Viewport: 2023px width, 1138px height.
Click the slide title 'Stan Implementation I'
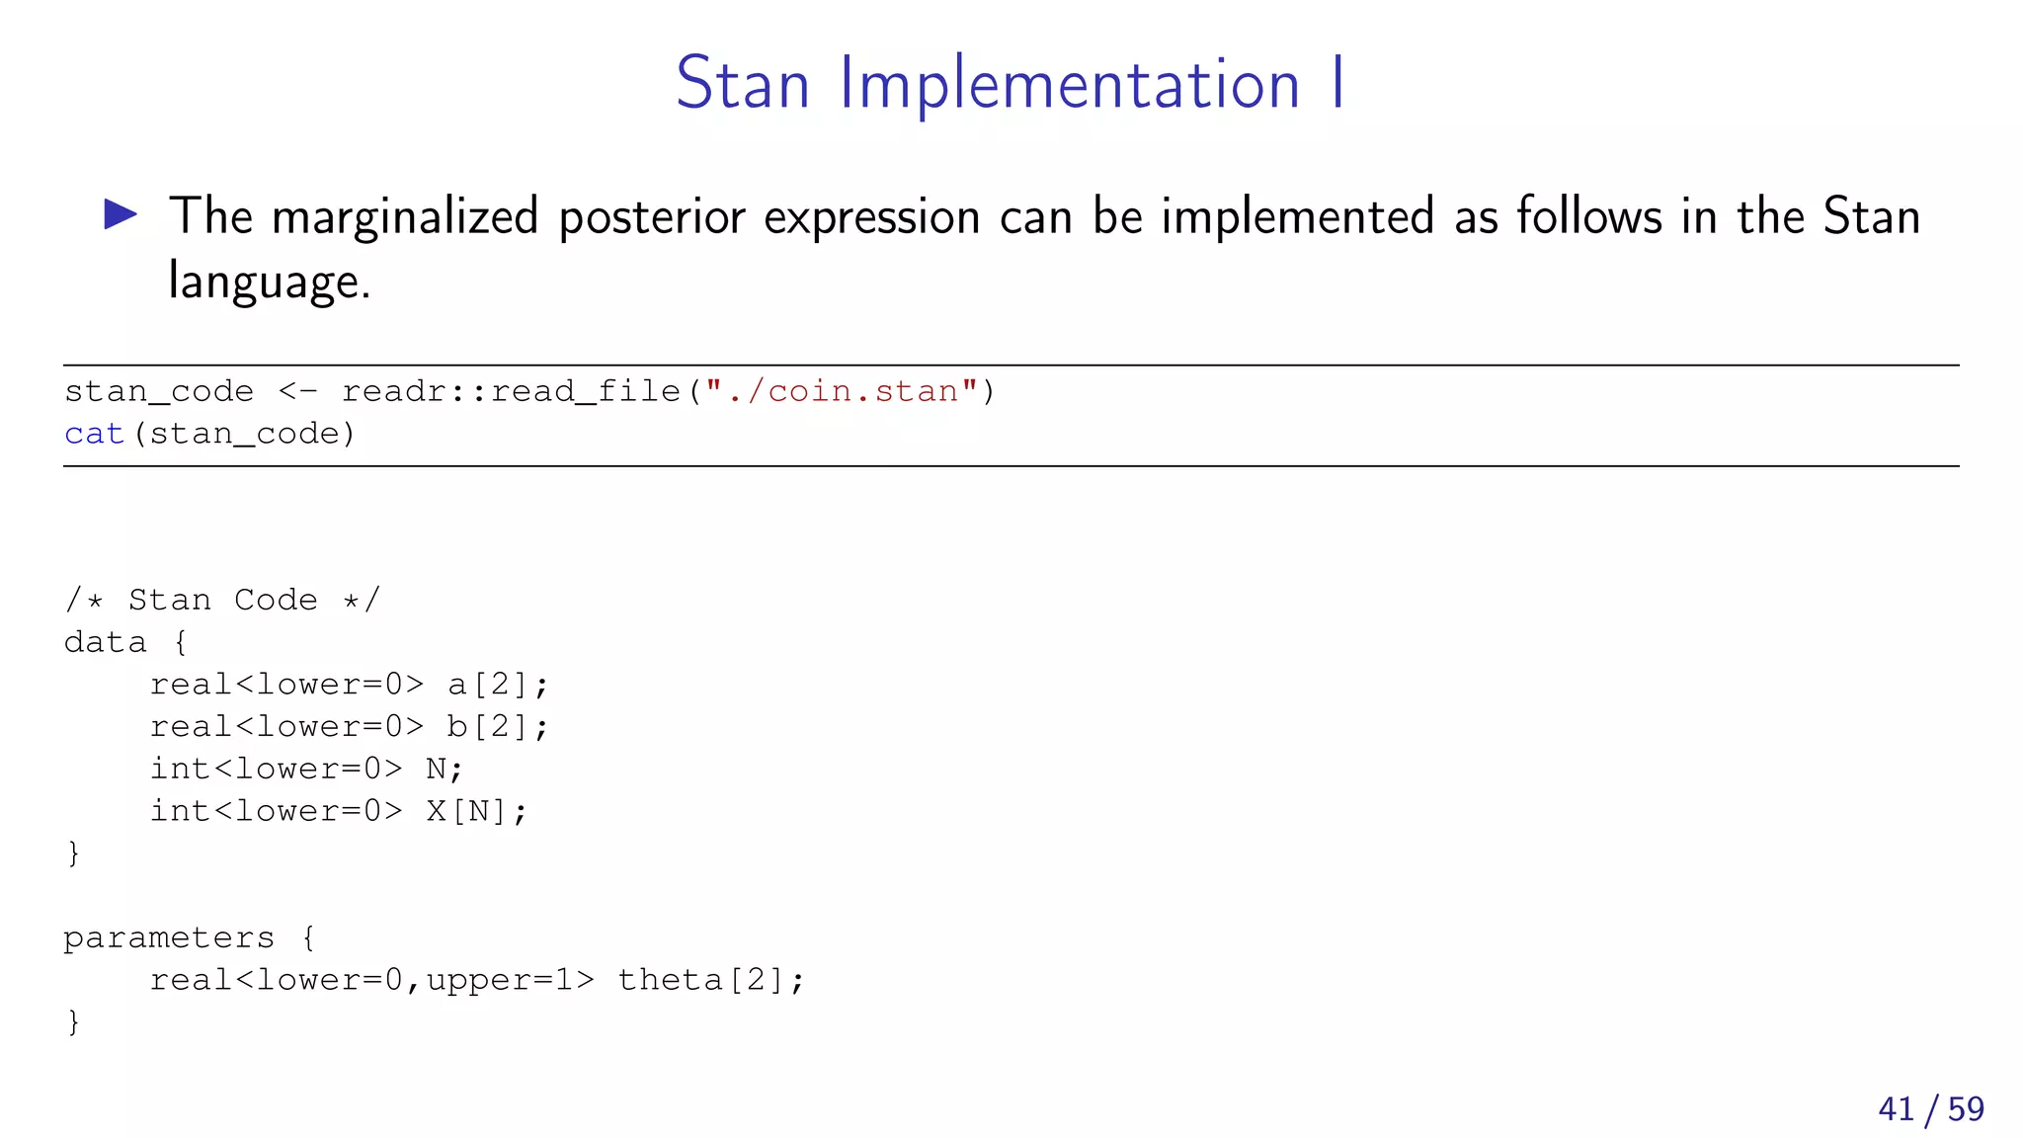[x=1010, y=83]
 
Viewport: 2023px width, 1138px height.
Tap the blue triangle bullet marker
[x=121, y=214]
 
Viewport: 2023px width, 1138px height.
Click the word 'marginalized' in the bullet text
[x=405, y=217]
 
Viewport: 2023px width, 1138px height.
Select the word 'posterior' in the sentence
[x=651, y=217]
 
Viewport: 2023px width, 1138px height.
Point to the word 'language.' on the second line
[x=269, y=282]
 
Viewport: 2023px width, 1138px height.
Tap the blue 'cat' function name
[x=94, y=434]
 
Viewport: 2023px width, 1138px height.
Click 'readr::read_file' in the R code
[x=511, y=391]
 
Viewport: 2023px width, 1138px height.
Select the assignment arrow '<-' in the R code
[x=297, y=391]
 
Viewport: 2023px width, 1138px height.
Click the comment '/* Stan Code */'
[x=222, y=600]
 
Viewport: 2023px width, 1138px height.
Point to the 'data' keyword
[x=105, y=642]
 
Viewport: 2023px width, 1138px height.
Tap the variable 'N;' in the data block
[x=444, y=769]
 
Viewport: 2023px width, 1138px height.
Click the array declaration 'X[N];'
[x=476, y=811]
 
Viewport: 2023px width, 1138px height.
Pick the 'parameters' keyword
[x=169, y=937]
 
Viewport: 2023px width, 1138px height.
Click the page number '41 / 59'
[x=1931, y=1108]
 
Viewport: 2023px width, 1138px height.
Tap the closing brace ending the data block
[x=73, y=853]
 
